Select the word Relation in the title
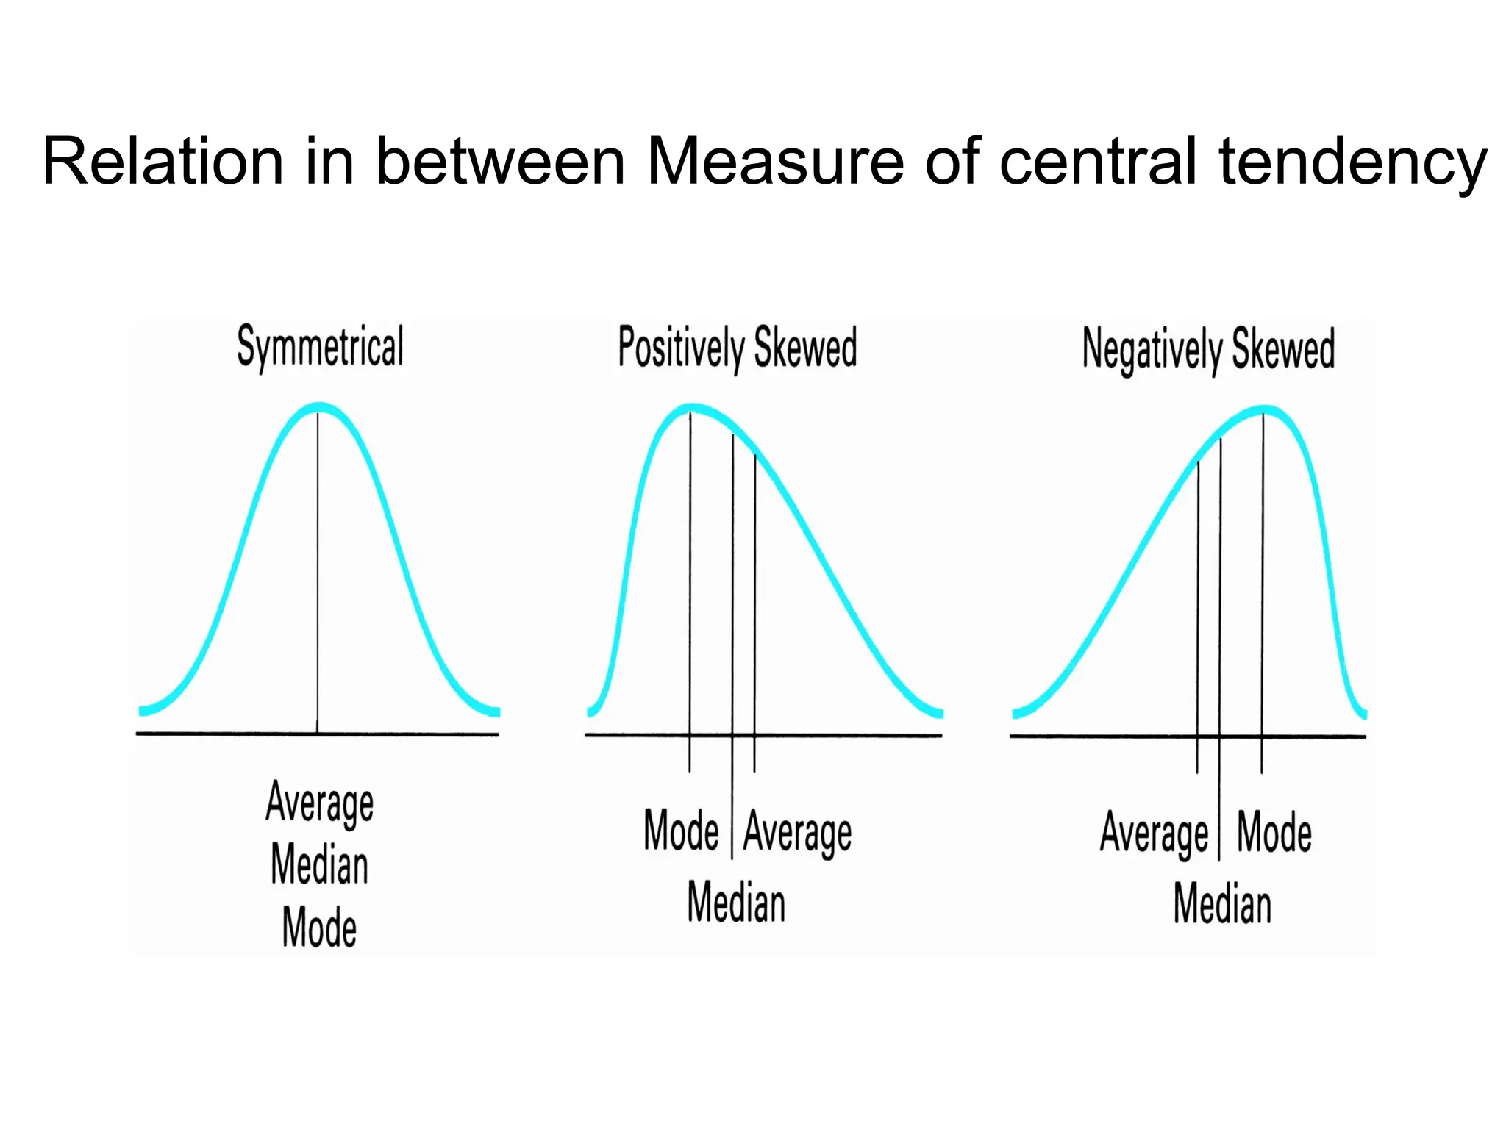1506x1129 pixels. click(x=163, y=161)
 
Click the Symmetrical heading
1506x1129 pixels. click(x=320, y=347)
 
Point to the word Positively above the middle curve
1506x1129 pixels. click(x=681, y=348)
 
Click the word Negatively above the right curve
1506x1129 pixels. click(x=1152, y=350)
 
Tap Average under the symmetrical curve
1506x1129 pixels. click(x=320, y=802)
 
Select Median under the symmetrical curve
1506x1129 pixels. click(x=320, y=864)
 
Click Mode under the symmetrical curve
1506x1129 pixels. click(x=320, y=927)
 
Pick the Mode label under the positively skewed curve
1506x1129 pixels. click(x=681, y=831)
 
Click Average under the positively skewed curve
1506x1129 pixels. click(x=798, y=833)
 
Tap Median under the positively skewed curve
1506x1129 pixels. click(x=736, y=903)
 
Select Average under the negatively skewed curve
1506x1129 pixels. click(x=1154, y=833)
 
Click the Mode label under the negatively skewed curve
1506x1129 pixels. click(x=1274, y=832)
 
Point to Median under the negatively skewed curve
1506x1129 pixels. click(x=1222, y=903)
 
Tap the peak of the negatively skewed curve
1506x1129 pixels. click(x=1263, y=409)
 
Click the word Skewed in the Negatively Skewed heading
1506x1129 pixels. click(x=1283, y=349)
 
